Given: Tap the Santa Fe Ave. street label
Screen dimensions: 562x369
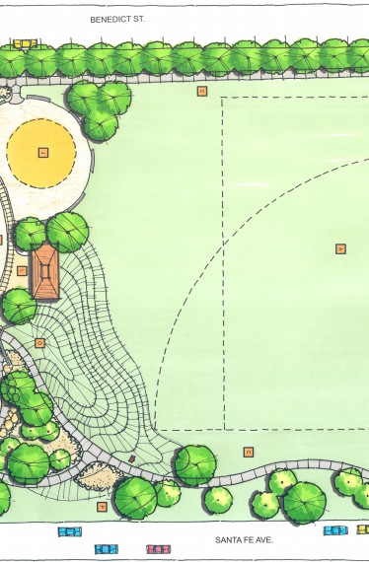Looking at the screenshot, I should point(244,540).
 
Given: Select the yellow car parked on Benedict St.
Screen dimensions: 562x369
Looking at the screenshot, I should point(24,43).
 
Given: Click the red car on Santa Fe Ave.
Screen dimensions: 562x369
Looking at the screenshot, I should point(158,548).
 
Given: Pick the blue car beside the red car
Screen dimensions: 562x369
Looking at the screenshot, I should point(107,548).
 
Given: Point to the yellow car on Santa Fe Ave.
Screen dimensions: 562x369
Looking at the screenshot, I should point(363,529).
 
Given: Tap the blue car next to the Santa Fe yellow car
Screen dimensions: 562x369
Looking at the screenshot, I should point(335,530).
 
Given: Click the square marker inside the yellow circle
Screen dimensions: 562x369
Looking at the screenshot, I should point(42,152).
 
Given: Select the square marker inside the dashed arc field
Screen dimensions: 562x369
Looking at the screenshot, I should point(340,248).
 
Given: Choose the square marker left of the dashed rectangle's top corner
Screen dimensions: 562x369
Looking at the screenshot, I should point(202,91).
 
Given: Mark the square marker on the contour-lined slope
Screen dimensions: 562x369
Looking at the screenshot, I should point(40,343).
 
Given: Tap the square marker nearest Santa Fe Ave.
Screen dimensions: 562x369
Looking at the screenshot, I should point(102,506).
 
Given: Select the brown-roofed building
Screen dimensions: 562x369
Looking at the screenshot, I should point(45,272).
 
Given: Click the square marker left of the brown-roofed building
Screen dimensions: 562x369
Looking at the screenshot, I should point(22,270).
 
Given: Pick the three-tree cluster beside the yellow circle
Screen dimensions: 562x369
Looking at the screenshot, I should point(100,107).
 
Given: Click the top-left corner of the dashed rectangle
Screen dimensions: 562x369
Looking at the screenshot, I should point(224,98).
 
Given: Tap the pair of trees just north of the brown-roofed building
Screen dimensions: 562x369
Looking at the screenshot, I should point(52,233).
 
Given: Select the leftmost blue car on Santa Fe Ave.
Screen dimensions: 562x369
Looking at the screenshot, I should point(69,532).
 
